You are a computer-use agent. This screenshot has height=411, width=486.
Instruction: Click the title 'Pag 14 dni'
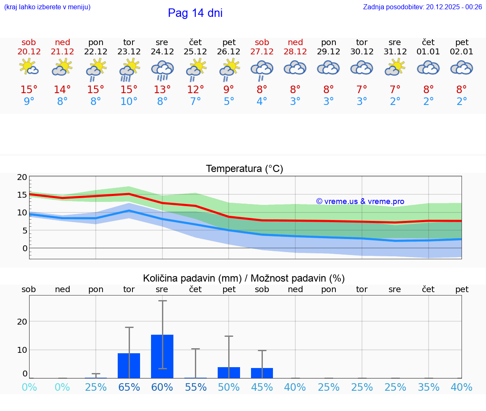(195, 13)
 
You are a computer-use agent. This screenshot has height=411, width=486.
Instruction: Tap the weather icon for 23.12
(129, 70)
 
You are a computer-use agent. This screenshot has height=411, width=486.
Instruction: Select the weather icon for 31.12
(395, 67)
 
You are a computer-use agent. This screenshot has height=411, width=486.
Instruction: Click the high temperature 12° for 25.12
(195, 90)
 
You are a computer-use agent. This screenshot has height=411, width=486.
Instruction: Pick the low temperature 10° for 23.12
(129, 102)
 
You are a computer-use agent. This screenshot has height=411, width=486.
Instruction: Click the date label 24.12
(162, 52)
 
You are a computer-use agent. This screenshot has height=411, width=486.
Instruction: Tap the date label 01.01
(428, 52)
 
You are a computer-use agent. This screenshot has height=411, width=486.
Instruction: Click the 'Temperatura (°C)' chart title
(244, 169)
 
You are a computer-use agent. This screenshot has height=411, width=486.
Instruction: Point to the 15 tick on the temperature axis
(22, 195)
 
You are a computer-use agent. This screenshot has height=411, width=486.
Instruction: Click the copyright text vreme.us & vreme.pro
(360, 201)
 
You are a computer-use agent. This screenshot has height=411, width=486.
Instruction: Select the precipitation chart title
(244, 278)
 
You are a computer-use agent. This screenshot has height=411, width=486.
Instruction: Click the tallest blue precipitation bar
(162, 356)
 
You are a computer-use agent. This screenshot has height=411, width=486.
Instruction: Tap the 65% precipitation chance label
(129, 387)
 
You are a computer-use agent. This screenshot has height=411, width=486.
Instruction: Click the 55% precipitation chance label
(195, 387)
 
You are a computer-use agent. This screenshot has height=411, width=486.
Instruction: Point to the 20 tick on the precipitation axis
(22, 322)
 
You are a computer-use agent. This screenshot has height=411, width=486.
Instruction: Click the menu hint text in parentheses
(47, 7)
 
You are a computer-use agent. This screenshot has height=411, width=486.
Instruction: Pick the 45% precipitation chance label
(262, 387)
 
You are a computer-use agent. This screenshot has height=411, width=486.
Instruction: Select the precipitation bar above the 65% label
(129, 365)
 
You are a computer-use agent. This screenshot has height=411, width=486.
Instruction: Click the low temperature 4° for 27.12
(262, 102)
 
